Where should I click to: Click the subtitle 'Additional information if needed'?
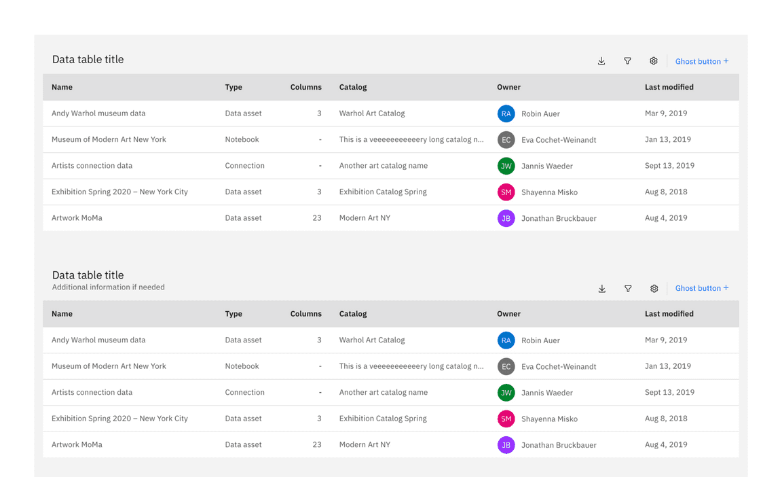point(109,287)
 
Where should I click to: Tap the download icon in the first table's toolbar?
point(601,61)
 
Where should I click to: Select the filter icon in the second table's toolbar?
point(628,289)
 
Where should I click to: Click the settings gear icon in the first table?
point(654,61)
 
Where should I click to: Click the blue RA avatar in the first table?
point(506,114)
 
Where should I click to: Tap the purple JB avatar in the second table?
point(506,445)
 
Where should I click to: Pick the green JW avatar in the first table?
point(506,166)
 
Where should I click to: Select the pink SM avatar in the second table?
point(506,419)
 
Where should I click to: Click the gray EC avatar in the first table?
point(506,140)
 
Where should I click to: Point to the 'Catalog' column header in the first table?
point(353,87)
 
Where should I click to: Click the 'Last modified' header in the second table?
point(669,314)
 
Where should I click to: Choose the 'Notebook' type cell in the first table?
point(242,139)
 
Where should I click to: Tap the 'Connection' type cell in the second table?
point(244,392)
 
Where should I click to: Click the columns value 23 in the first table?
point(317,218)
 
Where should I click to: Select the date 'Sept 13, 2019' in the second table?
point(669,392)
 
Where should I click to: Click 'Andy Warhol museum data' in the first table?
point(98,113)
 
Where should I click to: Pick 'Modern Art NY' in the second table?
point(365,444)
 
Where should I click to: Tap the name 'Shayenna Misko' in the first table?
point(549,192)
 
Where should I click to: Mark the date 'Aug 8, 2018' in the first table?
point(666,192)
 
